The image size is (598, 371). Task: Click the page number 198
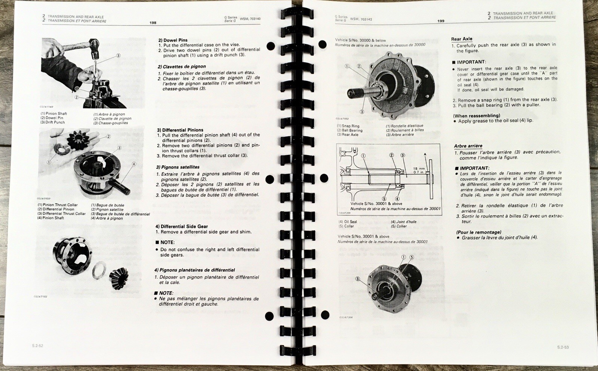(153, 23)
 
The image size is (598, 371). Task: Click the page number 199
(441, 21)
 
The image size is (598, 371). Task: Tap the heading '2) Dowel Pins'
(173, 40)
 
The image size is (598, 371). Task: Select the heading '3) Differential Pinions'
(180, 130)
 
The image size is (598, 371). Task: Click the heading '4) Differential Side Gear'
(182, 226)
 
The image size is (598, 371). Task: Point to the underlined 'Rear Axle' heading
(462, 39)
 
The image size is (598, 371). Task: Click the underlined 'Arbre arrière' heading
(468, 146)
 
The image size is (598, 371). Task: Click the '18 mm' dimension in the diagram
(419, 168)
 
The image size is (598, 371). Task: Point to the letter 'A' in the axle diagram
(425, 154)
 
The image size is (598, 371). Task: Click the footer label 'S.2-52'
(37, 346)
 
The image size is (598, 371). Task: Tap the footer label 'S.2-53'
(563, 347)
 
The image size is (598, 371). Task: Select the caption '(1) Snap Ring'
(348, 126)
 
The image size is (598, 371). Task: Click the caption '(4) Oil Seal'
(348, 222)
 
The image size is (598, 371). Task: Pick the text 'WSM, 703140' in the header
(250, 19)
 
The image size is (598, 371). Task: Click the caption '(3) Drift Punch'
(53, 122)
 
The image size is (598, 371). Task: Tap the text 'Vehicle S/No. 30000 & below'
(360, 40)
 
